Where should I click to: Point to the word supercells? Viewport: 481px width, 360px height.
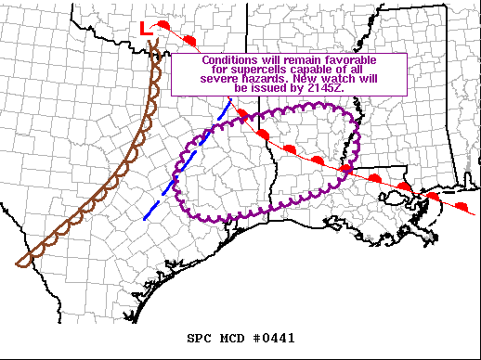point(238,70)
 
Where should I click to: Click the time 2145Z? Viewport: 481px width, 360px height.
point(326,89)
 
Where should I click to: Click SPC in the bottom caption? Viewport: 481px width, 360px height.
point(200,338)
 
